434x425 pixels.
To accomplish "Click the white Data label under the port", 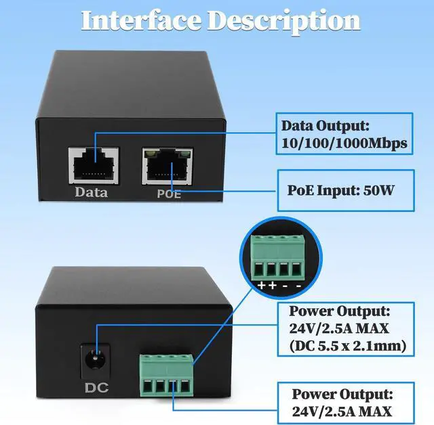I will tap(92, 193).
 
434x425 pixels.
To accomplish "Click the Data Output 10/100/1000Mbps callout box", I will tap(344, 134).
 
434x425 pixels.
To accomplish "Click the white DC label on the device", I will tap(96, 388).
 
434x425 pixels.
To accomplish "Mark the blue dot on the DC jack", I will tap(98, 352).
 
